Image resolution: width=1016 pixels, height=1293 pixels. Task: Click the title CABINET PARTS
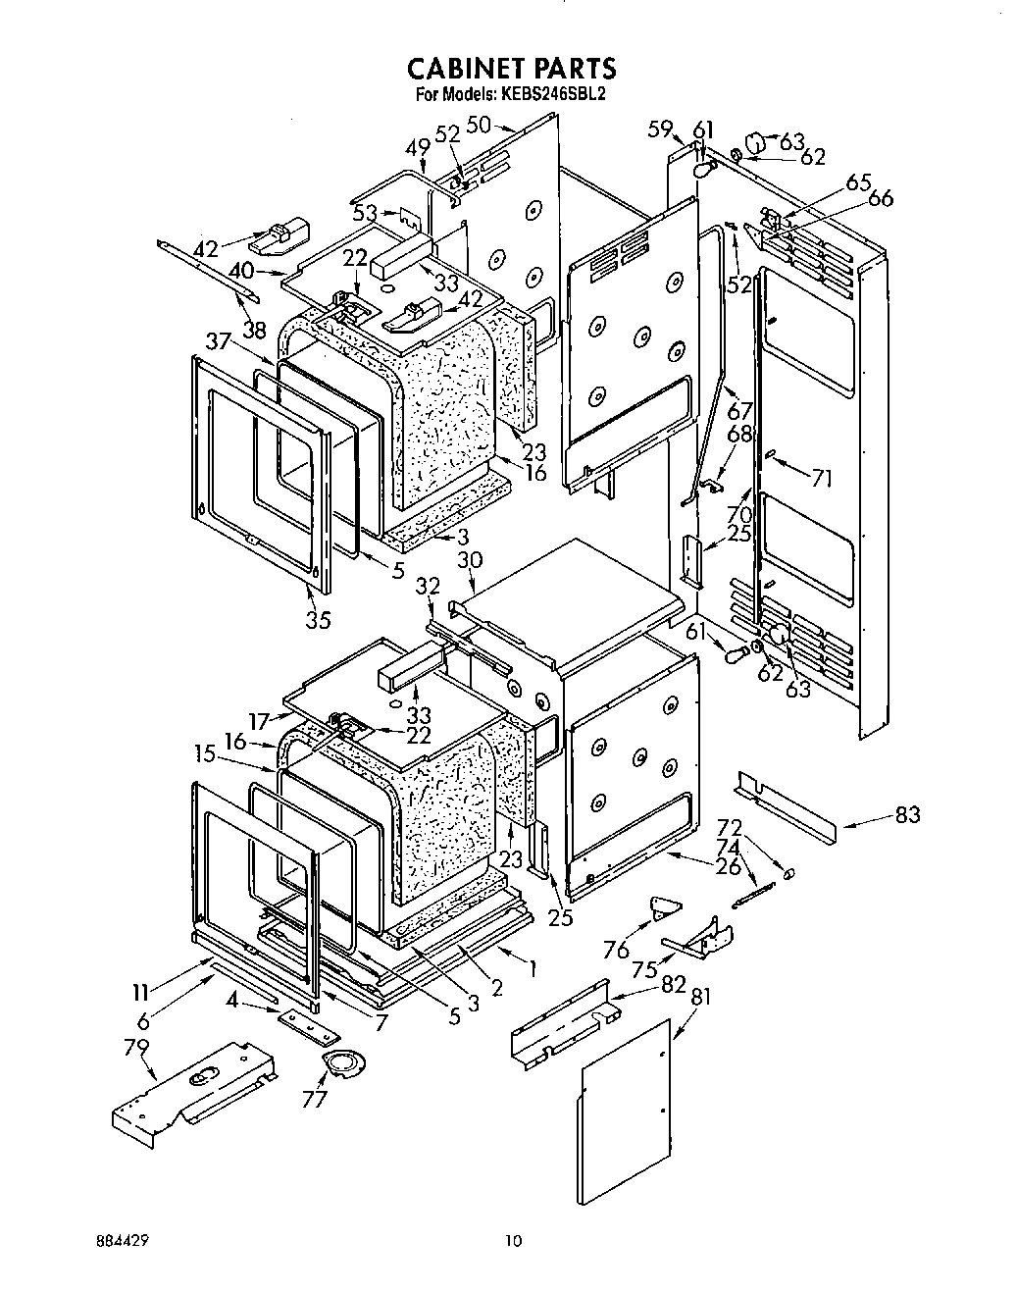coord(511,68)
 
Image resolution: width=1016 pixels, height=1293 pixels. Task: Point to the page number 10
coord(513,1241)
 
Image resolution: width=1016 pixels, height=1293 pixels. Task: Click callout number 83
coord(907,814)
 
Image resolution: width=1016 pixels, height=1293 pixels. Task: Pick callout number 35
coord(318,619)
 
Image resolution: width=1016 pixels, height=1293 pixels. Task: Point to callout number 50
coord(479,125)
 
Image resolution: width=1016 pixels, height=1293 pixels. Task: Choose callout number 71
coord(822,478)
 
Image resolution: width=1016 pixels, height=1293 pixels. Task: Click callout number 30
coord(470,559)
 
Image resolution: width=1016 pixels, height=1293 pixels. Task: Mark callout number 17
coord(259,721)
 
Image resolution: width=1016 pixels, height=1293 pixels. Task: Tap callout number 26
coord(729,867)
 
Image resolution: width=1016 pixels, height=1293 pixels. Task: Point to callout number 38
coord(254,331)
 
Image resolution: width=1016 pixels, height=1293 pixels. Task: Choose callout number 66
coord(881,199)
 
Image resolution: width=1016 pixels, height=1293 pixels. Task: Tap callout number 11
coord(141,993)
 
